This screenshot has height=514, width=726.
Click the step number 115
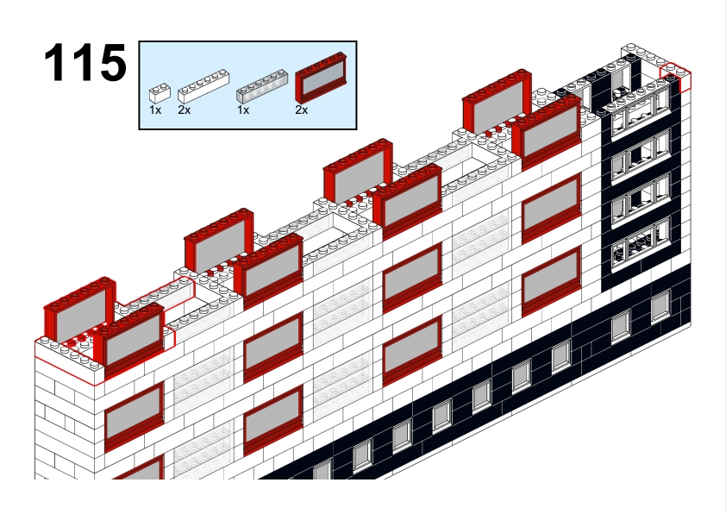click(x=85, y=62)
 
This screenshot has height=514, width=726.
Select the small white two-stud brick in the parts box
click(x=160, y=93)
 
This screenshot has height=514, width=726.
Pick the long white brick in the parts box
click(x=203, y=86)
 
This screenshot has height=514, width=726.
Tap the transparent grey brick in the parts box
click(x=262, y=86)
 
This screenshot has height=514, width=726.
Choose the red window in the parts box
click(x=321, y=78)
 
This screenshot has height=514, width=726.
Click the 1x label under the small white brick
click(x=155, y=110)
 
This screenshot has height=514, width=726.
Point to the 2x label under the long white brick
click(x=184, y=110)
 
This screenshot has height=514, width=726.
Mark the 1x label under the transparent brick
click(x=243, y=110)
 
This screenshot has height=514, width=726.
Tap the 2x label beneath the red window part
click(x=302, y=110)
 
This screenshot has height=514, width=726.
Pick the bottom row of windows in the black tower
click(x=640, y=246)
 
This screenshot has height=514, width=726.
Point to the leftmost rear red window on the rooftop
click(x=79, y=310)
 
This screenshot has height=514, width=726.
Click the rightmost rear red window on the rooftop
click(x=498, y=102)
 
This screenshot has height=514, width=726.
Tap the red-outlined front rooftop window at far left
click(x=129, y=335)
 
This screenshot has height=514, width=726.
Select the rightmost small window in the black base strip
click(x=660, y=305)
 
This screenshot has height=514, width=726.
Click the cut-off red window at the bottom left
click(x=139, y=467)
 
